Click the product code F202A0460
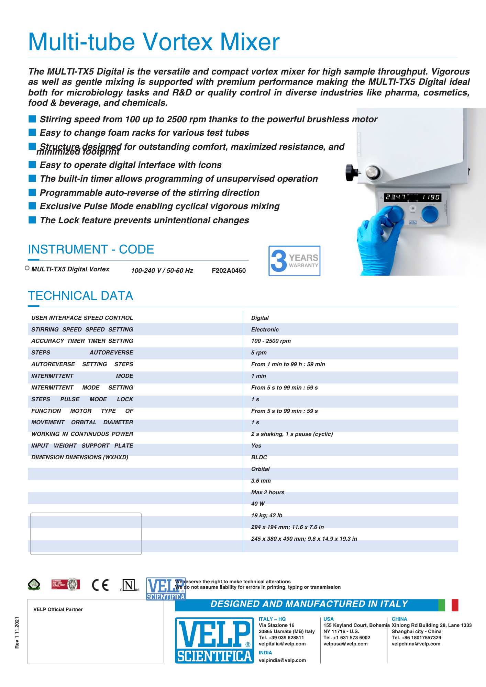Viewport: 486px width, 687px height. coord(229,271)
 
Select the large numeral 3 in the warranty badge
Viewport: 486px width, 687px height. coord(279,260)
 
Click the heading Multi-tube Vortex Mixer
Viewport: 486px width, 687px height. coord(154,42)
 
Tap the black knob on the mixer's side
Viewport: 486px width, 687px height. coord(351,172)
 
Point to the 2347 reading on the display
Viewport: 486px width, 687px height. coord(395,197)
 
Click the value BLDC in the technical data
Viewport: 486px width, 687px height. coord(259,458)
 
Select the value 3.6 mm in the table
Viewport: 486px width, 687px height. coord(261,481)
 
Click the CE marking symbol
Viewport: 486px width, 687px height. coord(100,585)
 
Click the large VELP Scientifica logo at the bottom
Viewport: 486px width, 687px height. coord(214,640)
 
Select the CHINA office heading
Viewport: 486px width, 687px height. coord(399,619)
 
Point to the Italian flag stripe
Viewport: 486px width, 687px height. coord(448,605)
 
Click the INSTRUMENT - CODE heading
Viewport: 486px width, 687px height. coord(91,249)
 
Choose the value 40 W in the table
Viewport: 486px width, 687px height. coord(258,504)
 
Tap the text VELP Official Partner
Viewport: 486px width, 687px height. coord(58,610)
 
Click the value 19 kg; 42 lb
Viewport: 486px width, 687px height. coord(267,516)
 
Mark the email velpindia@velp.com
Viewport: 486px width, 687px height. coord(282,661)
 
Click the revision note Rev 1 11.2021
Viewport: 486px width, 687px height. coord(17,633)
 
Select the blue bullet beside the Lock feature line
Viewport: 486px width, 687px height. coord(32,220)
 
